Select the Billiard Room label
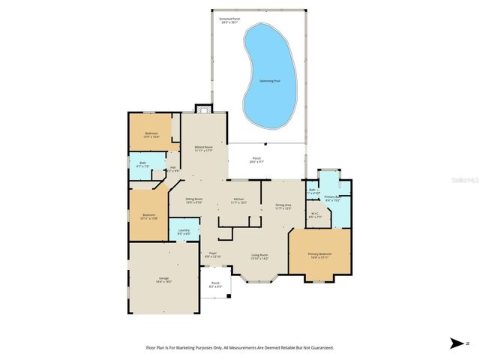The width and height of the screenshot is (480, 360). pyautogui.click(x=203, y=148)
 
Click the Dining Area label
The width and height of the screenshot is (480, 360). pyautogui.click(x=283, y=206)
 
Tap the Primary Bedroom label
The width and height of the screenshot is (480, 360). pyautogui.click(x=319, y=255)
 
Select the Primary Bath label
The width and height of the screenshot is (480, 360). pyautogui.click(x=332, y=199)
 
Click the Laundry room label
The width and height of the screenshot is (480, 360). pyautogui.click(x=183, y=232)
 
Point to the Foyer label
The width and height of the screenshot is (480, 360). pyautogui.click(x=213, y=255)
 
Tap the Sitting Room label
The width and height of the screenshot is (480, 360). pyautogui.click(x=194, y=200)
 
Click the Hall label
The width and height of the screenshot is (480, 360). pyautogui.click(x=172, y=169)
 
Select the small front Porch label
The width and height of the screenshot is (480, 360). pyautogui.click(x=215, y=285)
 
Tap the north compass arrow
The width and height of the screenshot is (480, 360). pyautogui.click(x=457, y=343)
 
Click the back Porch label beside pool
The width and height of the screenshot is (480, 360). pyautogui.click(x=256, y=160)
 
